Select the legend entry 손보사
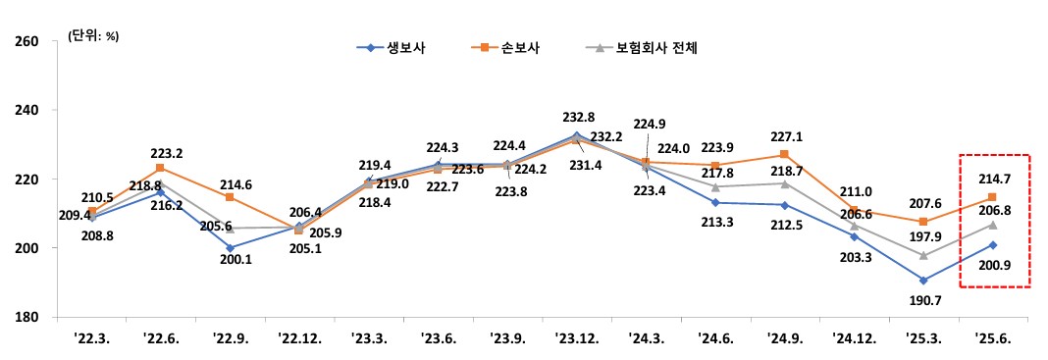click(x=527, y=46)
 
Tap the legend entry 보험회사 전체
click(x=655, y=46)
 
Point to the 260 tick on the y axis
click(x=26, y=41)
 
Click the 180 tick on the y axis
click(x=26, y=317)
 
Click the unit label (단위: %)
click(x=93, y=35)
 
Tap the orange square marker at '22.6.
click(x=161, y=168)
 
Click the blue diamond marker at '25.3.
click(x=923, y=281)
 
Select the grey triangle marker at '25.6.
click(x=993, y=225)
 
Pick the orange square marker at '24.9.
click(x=784, y=155)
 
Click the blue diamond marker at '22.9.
click(x=231, y=247)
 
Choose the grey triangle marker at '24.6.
click(x=714, y=186)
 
